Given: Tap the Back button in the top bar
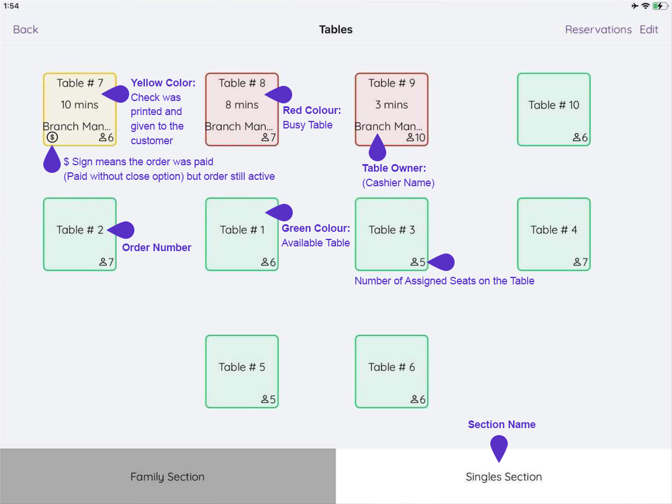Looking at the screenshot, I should pyautogui.click(x=26, y=30).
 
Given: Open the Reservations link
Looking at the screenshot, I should pyautogui.click(x=598, y=30).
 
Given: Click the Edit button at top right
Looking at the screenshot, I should pyautogui.click(x=649, y=30).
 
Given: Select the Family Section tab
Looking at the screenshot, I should pyautogui.click(x=168, y=477).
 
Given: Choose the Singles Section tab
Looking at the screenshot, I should pyautogui.click(x=504, y=477).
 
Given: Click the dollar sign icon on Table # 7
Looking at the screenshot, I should pyautogui.click(x=53, y=137).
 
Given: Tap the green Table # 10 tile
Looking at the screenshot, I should pyautogui.click(x=553, y=109).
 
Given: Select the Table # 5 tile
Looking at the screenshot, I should pyautogui.click(x=242, y=371).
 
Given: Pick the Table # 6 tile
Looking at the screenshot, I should pyautogui.click(x=392, y=371).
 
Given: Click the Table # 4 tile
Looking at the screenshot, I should pyautogui.click(x=553, y=234).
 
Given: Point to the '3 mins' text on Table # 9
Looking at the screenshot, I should pyautogui.click(x=392, y=105).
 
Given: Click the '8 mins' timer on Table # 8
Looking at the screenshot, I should pyautogui.click(x=242, y=105).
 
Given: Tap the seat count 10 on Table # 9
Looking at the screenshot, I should pyautogui.click(x=416, y=138).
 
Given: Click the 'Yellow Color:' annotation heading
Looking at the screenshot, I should pyautogui.click(x=163, y=83).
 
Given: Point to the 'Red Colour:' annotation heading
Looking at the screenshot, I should pyautogui.click(x=311, y=110).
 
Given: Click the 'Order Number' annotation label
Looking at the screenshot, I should pyautogui.click(x=157, y=248).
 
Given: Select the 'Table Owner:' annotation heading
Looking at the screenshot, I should pyautogui.click(x=394, y=168).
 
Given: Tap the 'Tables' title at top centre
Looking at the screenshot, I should pyautogui.click(x=336, y=30).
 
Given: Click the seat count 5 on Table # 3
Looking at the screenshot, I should pyautogui.click(x=418, y=263).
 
